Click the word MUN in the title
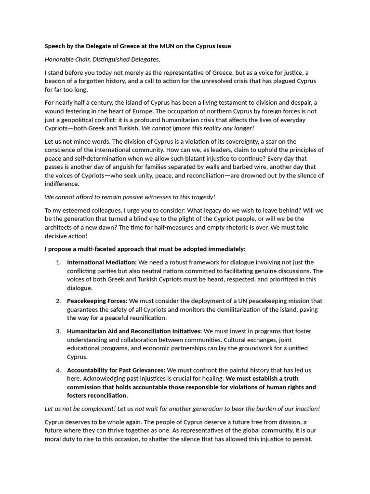click(x=154, y=46)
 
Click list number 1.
click(x=58, y=262)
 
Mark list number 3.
click(x=58, y=331)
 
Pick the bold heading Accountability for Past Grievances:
click(x=116, y=370)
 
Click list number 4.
click(x=58, y=370)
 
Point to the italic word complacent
click(x=93, y=409)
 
